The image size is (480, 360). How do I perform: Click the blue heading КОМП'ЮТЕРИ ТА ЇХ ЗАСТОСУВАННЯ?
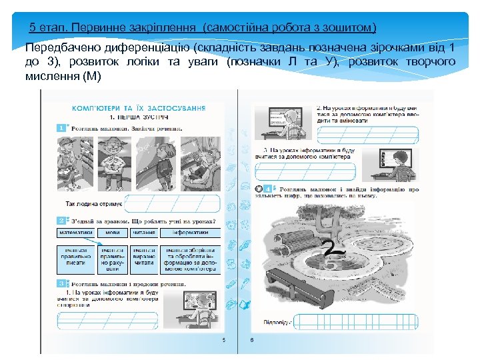(138, 107)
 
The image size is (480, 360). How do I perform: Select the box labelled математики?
(75, 233)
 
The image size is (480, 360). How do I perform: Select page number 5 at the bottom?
(224, 340)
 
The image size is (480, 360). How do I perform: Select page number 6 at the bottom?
(252, 340)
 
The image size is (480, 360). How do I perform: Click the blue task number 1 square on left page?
(61, 127)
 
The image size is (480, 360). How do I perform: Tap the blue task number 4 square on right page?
(267, 189)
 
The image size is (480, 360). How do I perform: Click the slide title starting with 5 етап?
(203, 28)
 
